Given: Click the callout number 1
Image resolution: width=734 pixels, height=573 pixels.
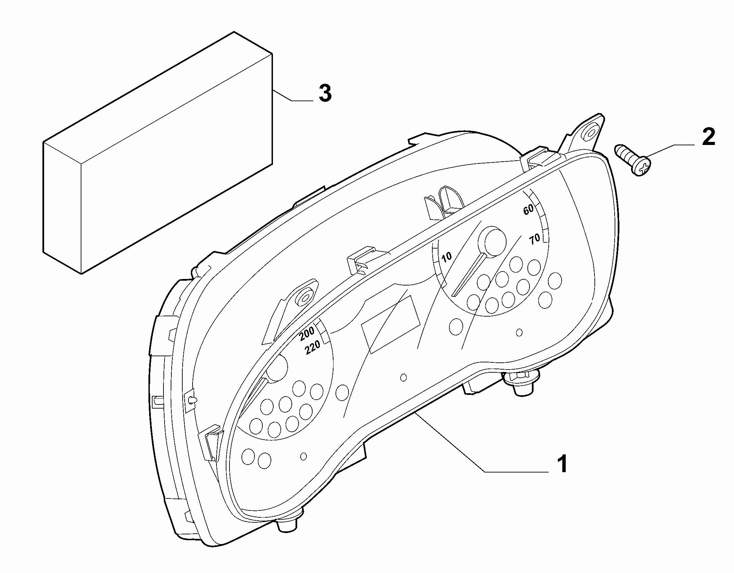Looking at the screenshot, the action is click(x=561, y=464).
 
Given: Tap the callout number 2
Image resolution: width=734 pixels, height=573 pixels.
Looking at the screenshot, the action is click(x=708, y=137).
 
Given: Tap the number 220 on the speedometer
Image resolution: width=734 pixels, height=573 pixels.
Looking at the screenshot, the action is click(x=313, y=348).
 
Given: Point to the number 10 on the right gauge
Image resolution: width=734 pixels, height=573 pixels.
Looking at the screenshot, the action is click(x=447, y=256).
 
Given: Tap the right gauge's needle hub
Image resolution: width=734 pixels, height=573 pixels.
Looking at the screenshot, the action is click(x=493, y=241).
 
